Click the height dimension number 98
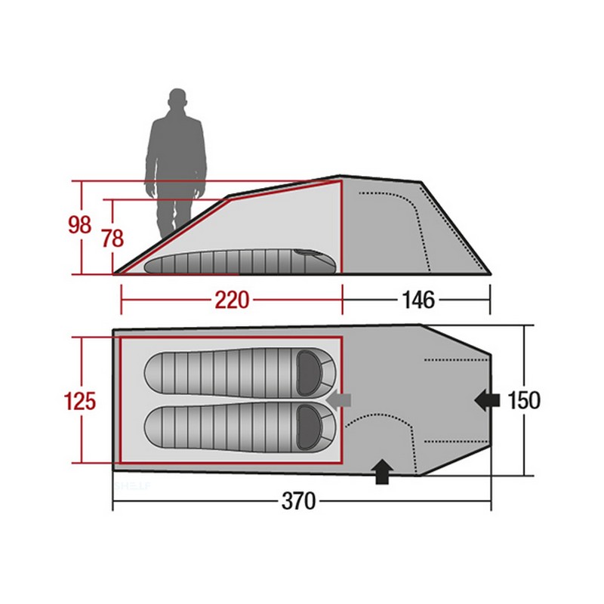80,224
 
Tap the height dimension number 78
112,238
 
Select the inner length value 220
232,300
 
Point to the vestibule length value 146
418,300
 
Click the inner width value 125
80,401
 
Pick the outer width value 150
524,400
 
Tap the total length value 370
298,501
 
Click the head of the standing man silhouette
177,99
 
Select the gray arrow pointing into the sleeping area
338,400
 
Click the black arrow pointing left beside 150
487,400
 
